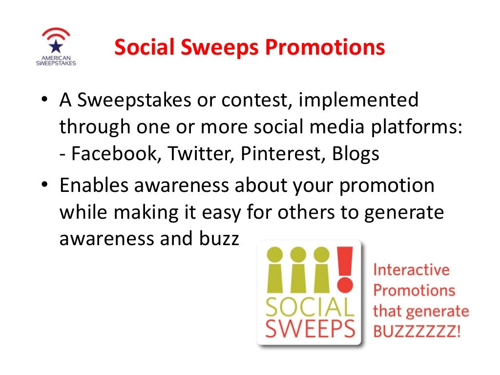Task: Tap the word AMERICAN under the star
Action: (x=56, y=57)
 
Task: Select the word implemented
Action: (x=359, y=101)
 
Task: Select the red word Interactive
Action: (x=411, y=270)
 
